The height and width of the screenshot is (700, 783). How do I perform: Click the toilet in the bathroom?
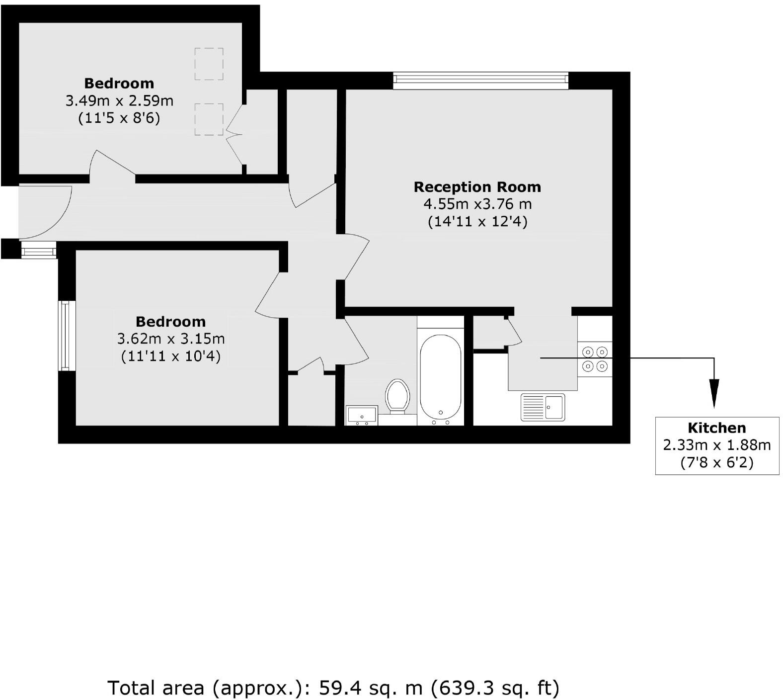pos(397,396)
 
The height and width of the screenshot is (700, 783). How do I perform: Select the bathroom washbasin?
pos(362,415)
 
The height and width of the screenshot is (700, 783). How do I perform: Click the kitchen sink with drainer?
pos(543,407)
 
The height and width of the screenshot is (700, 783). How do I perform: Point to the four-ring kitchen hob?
pos(595,359)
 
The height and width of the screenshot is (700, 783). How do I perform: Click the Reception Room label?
pos(477,187)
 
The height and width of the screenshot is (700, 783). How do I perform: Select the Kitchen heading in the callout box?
pos(716,428)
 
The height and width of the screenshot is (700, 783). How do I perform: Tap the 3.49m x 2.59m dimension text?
pos(119,101)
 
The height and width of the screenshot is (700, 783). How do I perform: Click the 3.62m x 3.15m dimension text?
pos(170,339)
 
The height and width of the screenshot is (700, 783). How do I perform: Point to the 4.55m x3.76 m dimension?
pos(477,204)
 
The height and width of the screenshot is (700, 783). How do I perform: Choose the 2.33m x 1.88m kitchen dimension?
pos(716,444)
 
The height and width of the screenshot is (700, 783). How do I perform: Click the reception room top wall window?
pos(480,80)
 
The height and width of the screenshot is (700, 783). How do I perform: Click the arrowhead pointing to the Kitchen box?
pos(714,393)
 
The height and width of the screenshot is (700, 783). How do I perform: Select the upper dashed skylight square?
pos(209,64)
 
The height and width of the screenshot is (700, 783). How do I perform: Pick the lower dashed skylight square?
pos(209,119)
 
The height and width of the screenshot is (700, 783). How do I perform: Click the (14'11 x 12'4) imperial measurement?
pos(477,221)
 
